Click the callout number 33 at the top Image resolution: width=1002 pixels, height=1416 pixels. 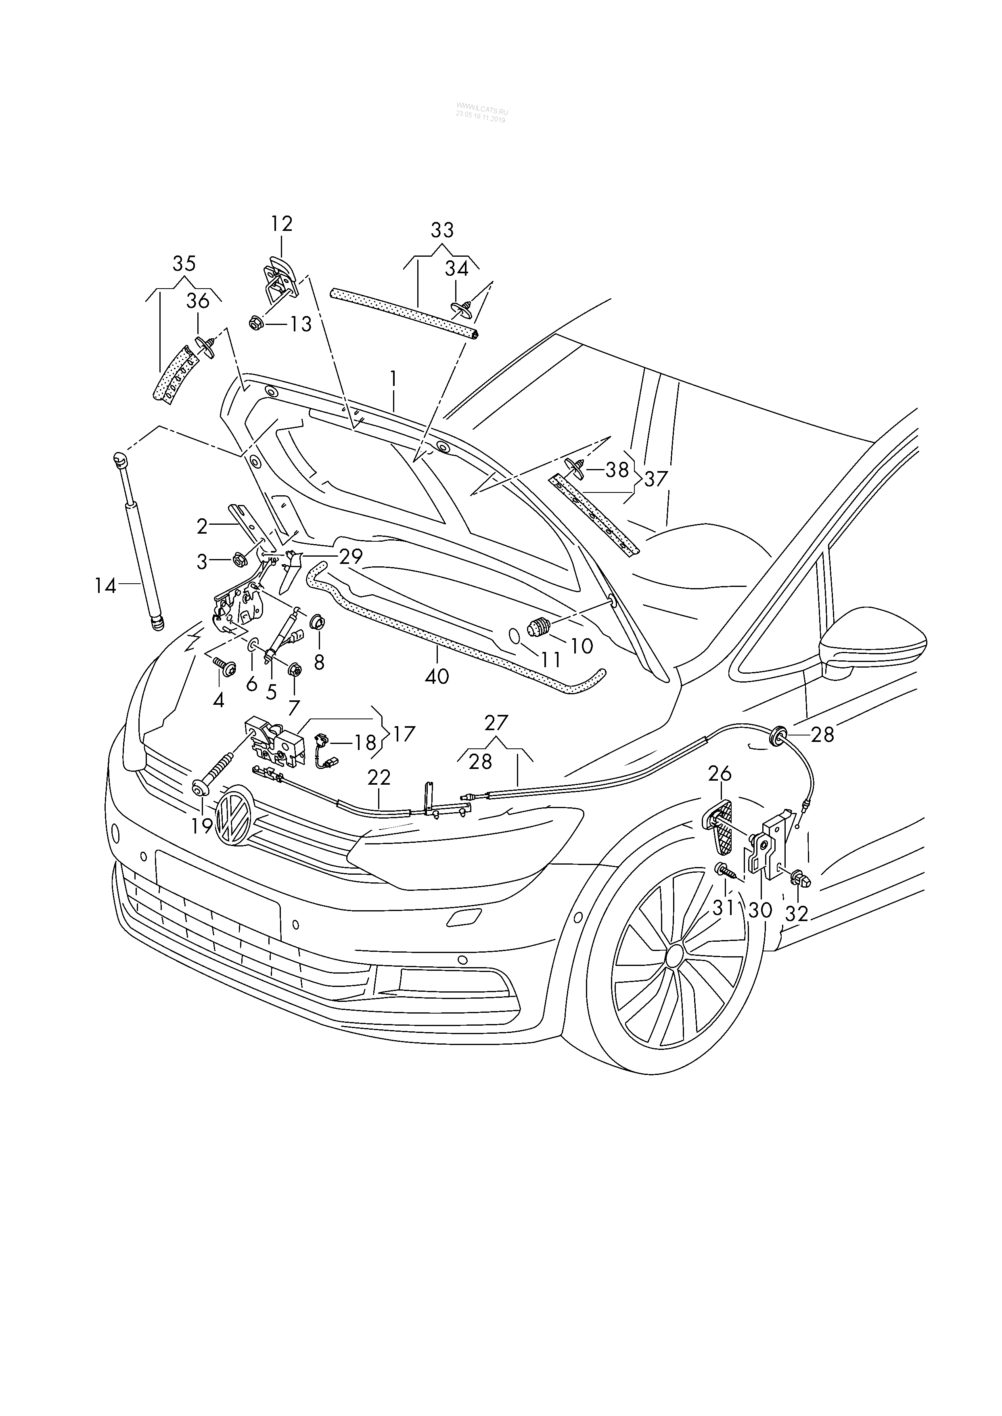tap(442, 230)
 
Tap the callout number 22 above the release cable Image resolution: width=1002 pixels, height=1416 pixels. tap(379, 777)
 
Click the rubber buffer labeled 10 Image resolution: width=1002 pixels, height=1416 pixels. tap(538, 629)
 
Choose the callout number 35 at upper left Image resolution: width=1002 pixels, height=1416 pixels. tap(184, 264)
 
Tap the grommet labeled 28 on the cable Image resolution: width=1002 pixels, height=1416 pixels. tap(779, 734)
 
